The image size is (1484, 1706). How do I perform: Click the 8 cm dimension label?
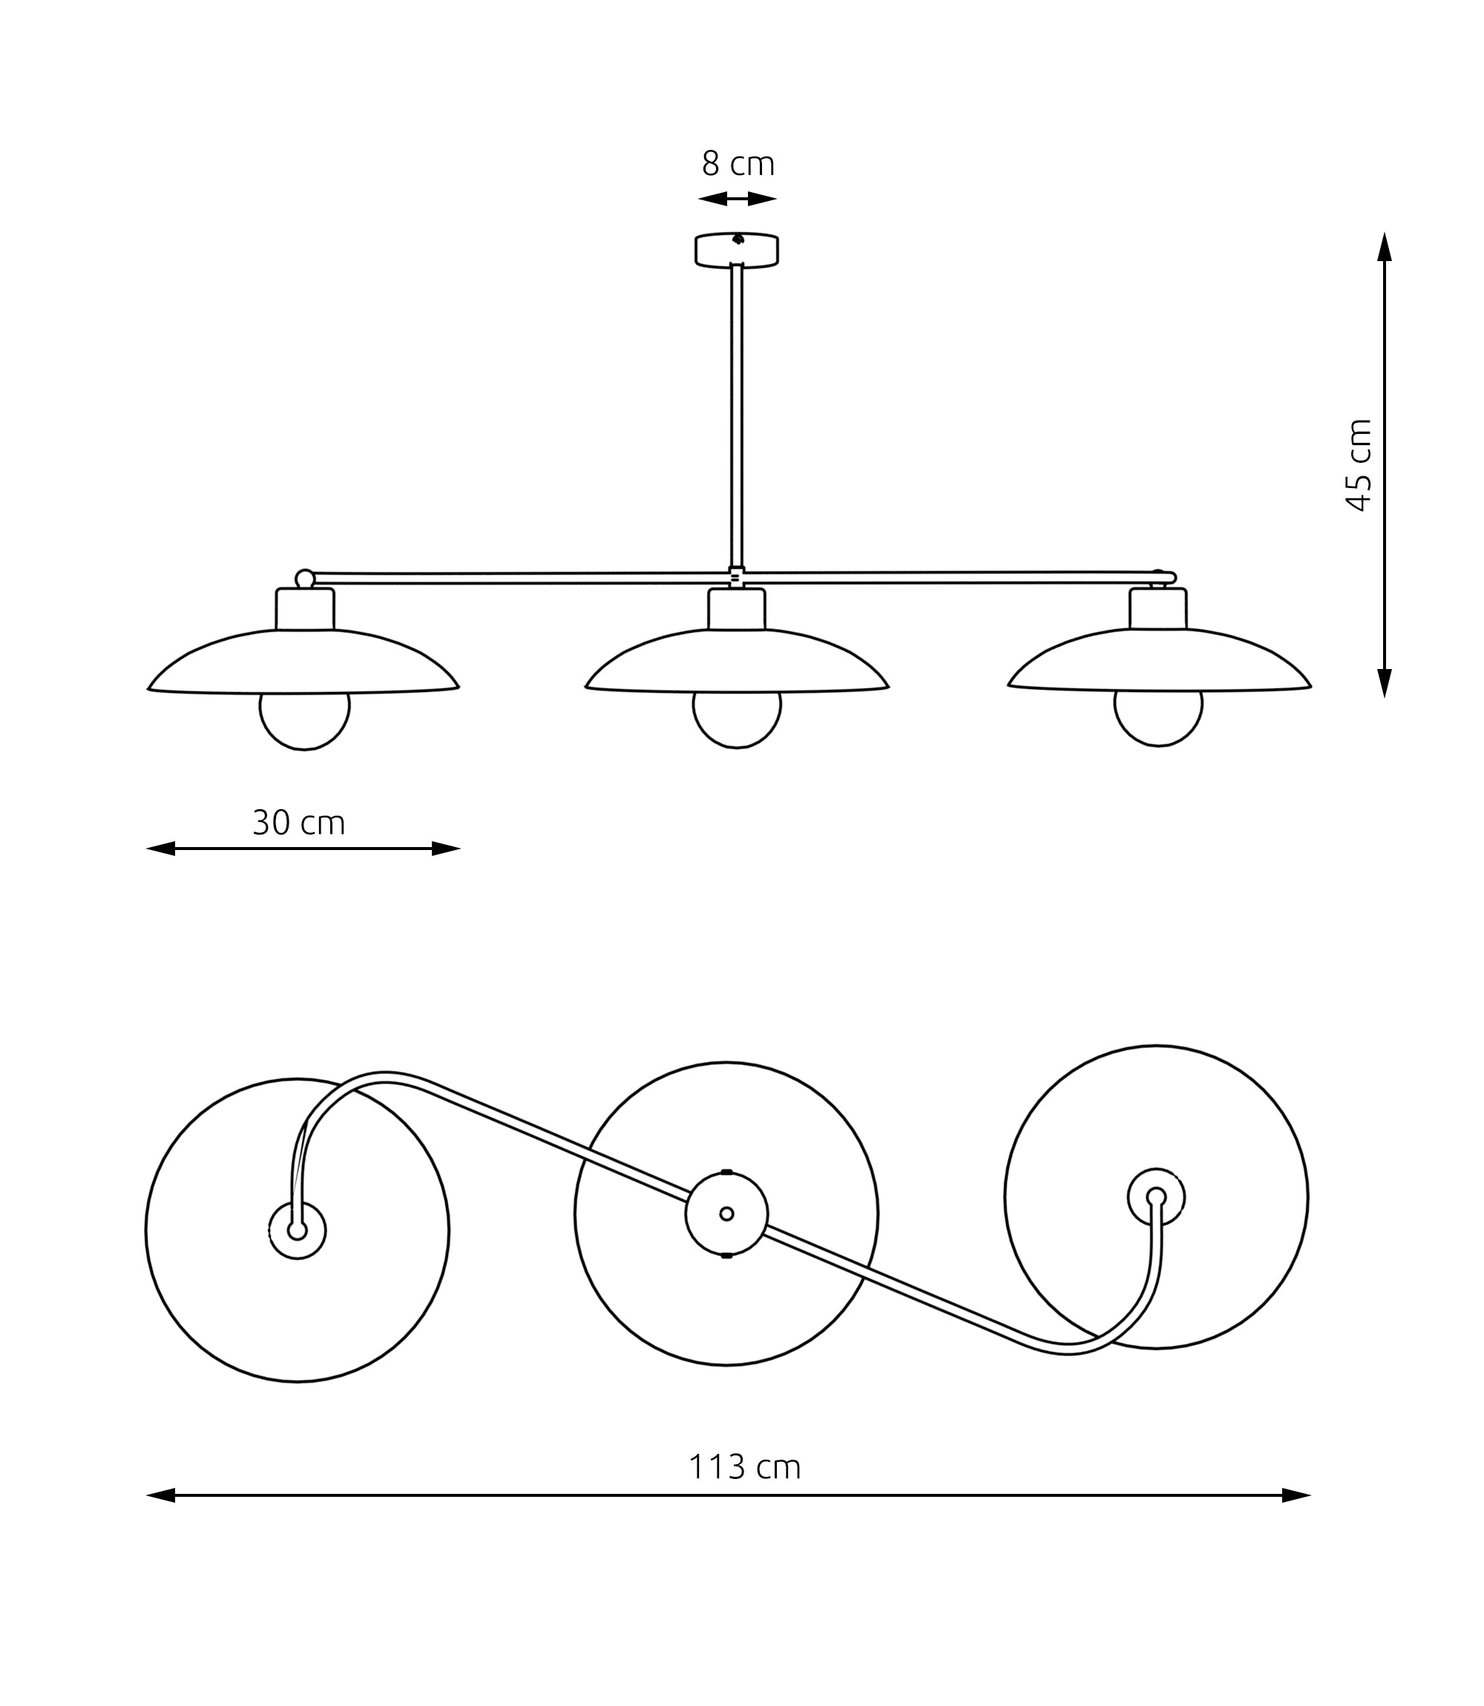pyautogui.click(x=737, y=164)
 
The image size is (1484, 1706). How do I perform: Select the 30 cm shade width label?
pyautogui.click(x=298, y=823)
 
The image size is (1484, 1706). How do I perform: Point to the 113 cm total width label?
pyautogui.click(x=743, y=1466)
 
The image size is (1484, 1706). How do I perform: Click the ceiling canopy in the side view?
pyautogui.click(x=736, y=250)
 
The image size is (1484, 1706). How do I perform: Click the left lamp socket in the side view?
pyautogui.click(x=305, y=609)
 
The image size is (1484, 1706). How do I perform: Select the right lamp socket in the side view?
pyautogui.click(x=1158, y=608)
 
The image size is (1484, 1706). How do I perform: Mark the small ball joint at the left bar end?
pyautogui.click(x=305, y=579)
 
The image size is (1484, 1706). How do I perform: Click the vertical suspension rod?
pyautogui.click(x=736, y=414)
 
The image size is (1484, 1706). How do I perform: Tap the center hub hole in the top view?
pyautogui.click(x=726, y=1213)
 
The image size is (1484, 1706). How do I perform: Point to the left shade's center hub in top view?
pyautogui.click(x=298, y=1231)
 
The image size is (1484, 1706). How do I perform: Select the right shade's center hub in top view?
pyautogui.click(x=1156, y=1197)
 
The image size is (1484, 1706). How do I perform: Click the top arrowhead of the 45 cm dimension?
pyautogui.click(x=1384, y=248)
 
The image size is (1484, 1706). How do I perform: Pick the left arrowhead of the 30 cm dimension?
pyautogui.click(x=162, y=849)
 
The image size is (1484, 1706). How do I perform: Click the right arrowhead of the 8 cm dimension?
pyautogui.click(x=762, y=199)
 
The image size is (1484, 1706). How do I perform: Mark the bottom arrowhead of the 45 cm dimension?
pyautogui.click(x=1384, y=682)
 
